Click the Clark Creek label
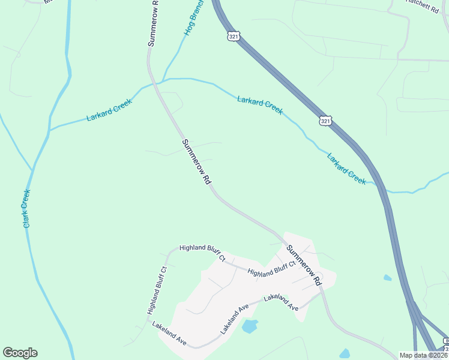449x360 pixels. tap(26, 208)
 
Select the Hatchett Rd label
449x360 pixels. tap(423, 2)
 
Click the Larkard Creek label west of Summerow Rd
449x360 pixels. tap(109, 109)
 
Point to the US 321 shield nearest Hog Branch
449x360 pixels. tap(234, 36)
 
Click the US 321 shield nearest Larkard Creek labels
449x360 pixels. tap(325, 121)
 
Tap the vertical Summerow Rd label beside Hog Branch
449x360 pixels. tap(155, 23)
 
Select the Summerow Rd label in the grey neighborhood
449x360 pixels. tap(304, 265)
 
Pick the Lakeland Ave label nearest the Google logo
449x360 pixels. tap(169, 334)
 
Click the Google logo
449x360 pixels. tap(20, 353)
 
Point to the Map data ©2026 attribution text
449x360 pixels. tap(423, 355)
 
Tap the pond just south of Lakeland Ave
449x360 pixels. tap(249, 326)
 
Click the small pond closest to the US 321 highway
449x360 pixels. tap(387, 278)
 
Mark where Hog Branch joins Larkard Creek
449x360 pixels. tap(163, 80)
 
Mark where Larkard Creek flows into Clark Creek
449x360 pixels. tap(49, 130)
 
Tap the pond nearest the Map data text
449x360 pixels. tap(344, 353)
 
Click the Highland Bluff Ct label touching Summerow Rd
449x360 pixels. tap(272, 268)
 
